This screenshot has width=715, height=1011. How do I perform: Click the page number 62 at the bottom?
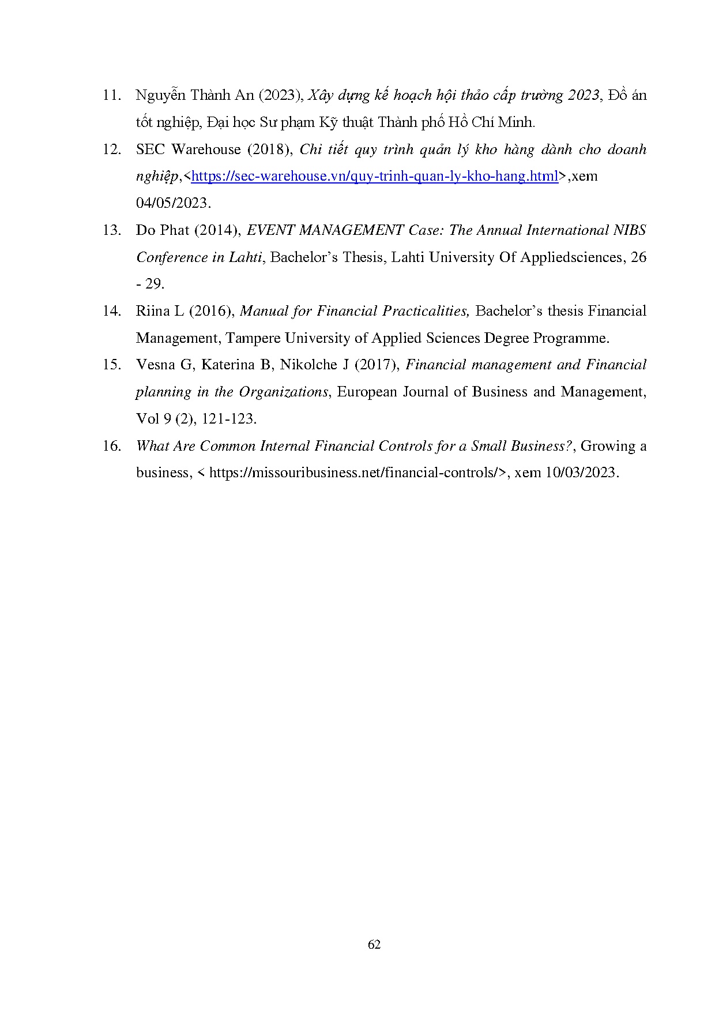coord(374,945)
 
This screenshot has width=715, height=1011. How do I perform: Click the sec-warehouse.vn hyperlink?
coord(374,177)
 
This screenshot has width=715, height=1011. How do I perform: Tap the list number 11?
coord(111,96)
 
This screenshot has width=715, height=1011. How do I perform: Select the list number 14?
coord(111,312)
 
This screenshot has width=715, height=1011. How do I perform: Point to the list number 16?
coord(111,446)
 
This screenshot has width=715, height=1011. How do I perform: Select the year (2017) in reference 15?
coord(377,365)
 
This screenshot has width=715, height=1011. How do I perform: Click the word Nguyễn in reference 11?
coord(159,96)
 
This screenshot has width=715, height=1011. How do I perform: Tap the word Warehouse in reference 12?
coord(206,150)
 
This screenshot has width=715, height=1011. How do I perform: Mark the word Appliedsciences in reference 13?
coord(571,257)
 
